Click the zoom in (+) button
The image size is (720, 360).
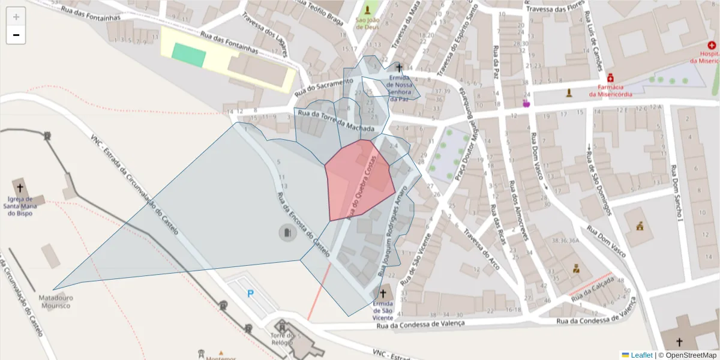[x=16, y=16]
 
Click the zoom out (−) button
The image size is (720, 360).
[x=16, y=35]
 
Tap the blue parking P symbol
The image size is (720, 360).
[x=250, y=293]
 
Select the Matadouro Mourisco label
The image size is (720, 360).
[x=54, y=301]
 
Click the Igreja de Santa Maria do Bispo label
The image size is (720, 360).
[x=20, y=205]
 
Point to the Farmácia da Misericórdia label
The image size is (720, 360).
[x=610, y=90]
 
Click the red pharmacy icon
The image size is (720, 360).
[x=610, y=78]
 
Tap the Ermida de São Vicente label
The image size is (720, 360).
[x=383, y=307]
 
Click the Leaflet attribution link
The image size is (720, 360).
[x=641, y=355]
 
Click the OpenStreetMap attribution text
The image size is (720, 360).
[x=690, y=355]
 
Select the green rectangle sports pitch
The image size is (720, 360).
[x=189, y=55]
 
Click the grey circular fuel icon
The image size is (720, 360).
[x=287, y=233]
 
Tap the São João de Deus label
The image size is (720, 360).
[x=367, y=23]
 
